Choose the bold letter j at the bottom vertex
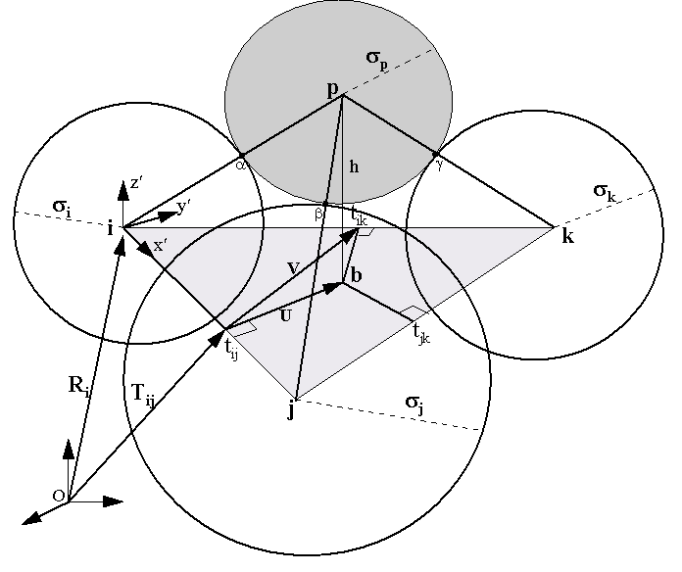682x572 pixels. click(291, 410)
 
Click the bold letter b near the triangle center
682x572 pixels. click(356, 278)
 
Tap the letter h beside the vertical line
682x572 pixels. click(354, 167)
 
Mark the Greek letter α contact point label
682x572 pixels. click(239, 167)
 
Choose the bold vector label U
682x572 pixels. click(285, 315)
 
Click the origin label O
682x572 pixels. click(59, 497)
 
